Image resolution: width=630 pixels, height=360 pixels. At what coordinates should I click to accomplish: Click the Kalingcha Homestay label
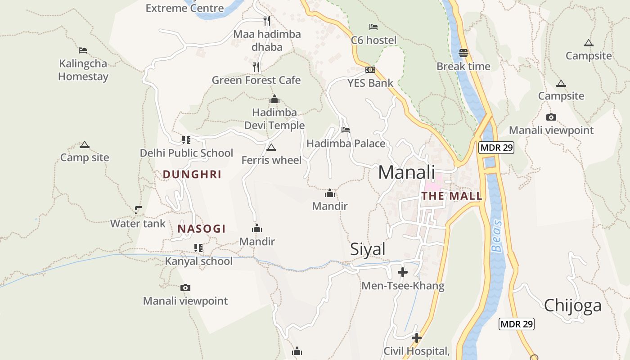(x=83, y=70)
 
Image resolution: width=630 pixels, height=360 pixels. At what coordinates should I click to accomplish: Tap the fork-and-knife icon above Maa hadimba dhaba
(x=267, y=20)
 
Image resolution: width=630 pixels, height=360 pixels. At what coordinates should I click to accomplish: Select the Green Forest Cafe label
(x=256, y=80)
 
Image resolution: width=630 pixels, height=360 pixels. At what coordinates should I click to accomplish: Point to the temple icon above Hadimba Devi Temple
(x=274, y=99)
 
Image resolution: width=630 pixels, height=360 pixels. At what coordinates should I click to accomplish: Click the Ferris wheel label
(x=271, y=160)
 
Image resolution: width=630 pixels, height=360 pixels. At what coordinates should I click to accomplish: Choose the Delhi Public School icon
(x=186, y=140)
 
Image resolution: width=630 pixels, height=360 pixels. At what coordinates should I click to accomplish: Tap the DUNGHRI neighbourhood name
(x=192, y=175)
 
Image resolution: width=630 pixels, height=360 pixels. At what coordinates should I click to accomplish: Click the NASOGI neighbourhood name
(x=202, y=229)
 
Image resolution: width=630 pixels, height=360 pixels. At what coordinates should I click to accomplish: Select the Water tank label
(x=138, y=224)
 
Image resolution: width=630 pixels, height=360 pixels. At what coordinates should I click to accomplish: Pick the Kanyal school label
(x=198, y=261)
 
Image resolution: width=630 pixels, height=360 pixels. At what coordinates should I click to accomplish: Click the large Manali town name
(x=406, y=172)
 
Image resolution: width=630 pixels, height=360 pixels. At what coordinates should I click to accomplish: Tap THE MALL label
(x=451, y=196)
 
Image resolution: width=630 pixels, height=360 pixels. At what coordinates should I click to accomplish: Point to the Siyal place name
(x=368, y=249)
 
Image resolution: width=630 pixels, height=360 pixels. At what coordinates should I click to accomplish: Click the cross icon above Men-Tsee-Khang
(x=403, y=272)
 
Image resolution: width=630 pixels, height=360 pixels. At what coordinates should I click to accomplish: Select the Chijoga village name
(x=572, y=306)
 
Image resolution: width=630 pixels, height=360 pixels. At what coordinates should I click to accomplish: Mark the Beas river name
(x=496, y=236)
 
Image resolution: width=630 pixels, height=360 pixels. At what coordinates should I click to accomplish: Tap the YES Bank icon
(x=370, y=70)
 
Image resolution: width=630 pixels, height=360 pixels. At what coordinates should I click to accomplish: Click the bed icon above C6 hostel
(x=373, y=27)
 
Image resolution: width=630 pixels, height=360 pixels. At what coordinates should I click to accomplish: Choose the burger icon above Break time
(x=463, y=53)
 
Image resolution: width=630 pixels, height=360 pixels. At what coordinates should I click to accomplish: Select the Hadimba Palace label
(x=346, y=144)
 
